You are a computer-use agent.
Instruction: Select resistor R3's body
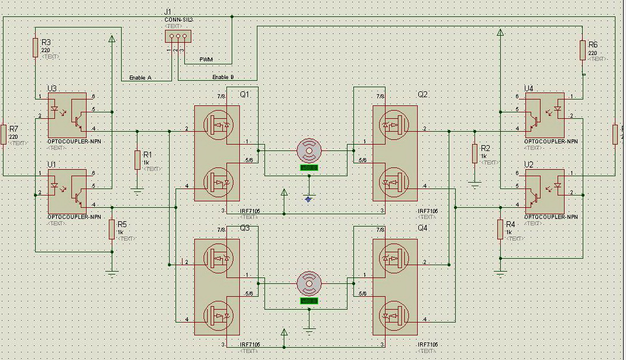[x=35, y=48]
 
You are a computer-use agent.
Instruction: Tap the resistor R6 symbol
[x=583, y=50]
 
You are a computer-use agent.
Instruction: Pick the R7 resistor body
[x=4, y=134]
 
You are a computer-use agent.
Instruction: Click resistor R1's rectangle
[x=137, y=160]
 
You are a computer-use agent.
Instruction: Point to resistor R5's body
[x=112, y=229]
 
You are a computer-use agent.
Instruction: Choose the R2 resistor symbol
[x=474, y=153]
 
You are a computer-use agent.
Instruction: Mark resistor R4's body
[x=500, y=229]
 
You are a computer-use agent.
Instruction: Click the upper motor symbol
[x=308, y=150]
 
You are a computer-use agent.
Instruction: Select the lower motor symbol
[x=308, y=283]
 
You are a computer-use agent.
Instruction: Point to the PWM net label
[x=206, y=60]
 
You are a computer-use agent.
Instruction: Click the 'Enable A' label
[x=140, y=77]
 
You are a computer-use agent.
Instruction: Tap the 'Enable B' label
[x=223, y=77]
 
